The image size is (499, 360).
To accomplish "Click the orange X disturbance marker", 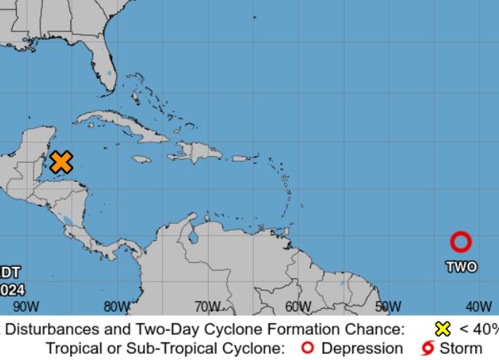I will click(61, 162).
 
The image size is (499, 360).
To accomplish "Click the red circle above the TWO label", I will click(460, 242).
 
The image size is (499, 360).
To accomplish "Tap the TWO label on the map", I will click(461, 266).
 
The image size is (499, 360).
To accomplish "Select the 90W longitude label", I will click(25, 306).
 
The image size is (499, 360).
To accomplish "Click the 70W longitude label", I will click(207, 306).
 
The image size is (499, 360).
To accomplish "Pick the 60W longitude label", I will click(298, 306).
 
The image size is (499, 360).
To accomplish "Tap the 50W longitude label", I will click(388, 306).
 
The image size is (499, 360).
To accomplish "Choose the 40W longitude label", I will click(478, 306).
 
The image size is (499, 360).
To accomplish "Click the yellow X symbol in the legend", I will click(441, 330).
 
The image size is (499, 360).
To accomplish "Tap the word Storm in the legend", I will click(461, 348).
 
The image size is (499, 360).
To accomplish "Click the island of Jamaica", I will click(140, 159).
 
